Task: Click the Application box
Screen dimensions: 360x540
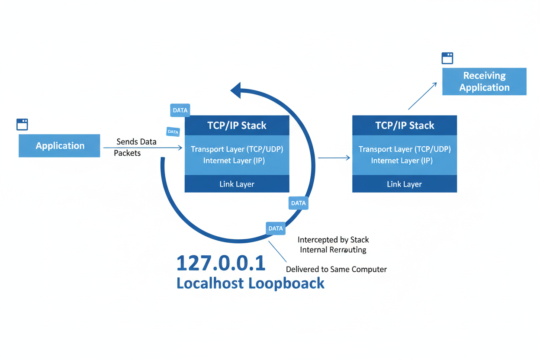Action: [x=59, y=146]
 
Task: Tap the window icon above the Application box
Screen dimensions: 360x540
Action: [x=22, y=124]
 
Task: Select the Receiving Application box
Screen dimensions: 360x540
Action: [x=484, y=81]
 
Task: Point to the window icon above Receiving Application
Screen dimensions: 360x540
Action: [x=447, y=58]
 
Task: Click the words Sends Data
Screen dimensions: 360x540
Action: [x=136, y=142]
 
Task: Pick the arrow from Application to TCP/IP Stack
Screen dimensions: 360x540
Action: [x=143, y=148]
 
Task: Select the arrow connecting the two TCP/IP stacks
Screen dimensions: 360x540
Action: [x=334, y=158]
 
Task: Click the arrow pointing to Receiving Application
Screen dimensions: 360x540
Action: [x=422, y=96]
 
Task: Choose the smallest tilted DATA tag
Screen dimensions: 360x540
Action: [x=173, y=132]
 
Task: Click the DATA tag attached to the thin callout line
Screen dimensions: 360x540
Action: [x=276, y=228]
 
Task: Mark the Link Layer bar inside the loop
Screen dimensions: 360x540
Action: [x=237, y=184]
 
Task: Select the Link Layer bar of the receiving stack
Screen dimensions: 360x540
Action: [x=404, y=184]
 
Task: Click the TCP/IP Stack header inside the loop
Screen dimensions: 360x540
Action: [x=237, y=125]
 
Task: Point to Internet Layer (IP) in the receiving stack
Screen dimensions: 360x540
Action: [x=402, y=161]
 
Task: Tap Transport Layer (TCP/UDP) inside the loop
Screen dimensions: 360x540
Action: [x=237, y=149]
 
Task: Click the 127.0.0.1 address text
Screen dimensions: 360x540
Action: [x=221, y=263]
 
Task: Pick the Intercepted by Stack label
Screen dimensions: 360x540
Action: [x=333, y=240]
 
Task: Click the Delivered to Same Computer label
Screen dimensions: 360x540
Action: [x=336, y=269]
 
